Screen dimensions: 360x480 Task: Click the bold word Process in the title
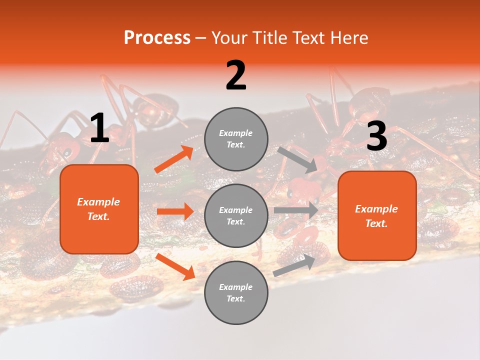tap(157, 38)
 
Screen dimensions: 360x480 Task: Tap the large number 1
tap(99, 129)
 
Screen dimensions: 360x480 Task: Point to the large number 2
tap(236, 76)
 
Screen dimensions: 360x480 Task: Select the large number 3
tap(376, 136)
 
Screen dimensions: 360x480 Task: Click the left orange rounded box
tap(99, 209)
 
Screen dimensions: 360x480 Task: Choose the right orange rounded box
tap(377, 215)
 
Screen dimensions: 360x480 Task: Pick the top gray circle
tap(236, 139)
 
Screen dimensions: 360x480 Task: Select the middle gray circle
tap(236, 215)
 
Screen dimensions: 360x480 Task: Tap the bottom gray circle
tap(236, 292)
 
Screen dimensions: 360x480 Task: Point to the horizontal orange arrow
tap(175, 211)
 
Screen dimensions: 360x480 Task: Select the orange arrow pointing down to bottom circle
tap(175, 266)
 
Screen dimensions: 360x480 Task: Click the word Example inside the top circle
tap(236, 133)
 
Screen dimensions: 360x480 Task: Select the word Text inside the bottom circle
tap(236, 298)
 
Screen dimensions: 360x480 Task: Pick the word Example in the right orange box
tap(376, 209)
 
